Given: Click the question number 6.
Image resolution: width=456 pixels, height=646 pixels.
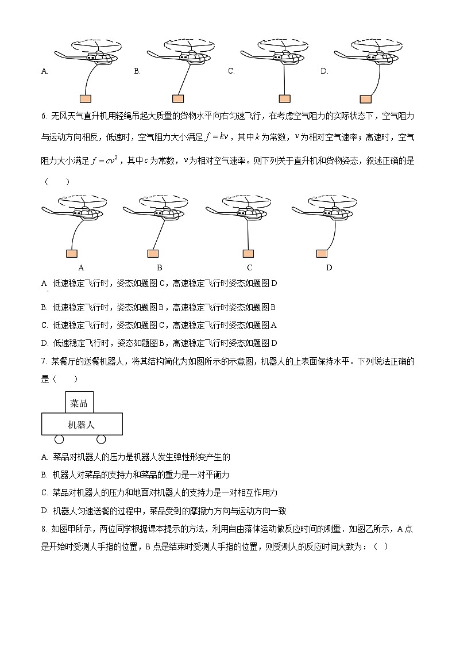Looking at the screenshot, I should coord(44,116).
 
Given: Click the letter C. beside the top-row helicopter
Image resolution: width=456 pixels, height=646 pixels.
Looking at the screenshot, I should coord(231,71).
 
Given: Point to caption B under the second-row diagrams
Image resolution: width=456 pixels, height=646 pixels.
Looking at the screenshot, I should coord(159,267).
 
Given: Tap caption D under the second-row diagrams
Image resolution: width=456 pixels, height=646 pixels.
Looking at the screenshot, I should coord(329,267).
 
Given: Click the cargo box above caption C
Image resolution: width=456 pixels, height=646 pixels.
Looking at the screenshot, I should coord(248,253).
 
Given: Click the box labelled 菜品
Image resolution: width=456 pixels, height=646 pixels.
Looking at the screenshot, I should coord(79,403).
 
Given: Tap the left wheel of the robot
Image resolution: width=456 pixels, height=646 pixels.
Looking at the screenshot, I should coord(59,440).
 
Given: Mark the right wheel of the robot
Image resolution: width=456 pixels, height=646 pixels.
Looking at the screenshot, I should coord(101,440).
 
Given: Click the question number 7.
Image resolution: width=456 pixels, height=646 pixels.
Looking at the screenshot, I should coord(44,361).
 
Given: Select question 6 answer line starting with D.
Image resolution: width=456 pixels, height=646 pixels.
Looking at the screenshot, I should coord(160,343).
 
